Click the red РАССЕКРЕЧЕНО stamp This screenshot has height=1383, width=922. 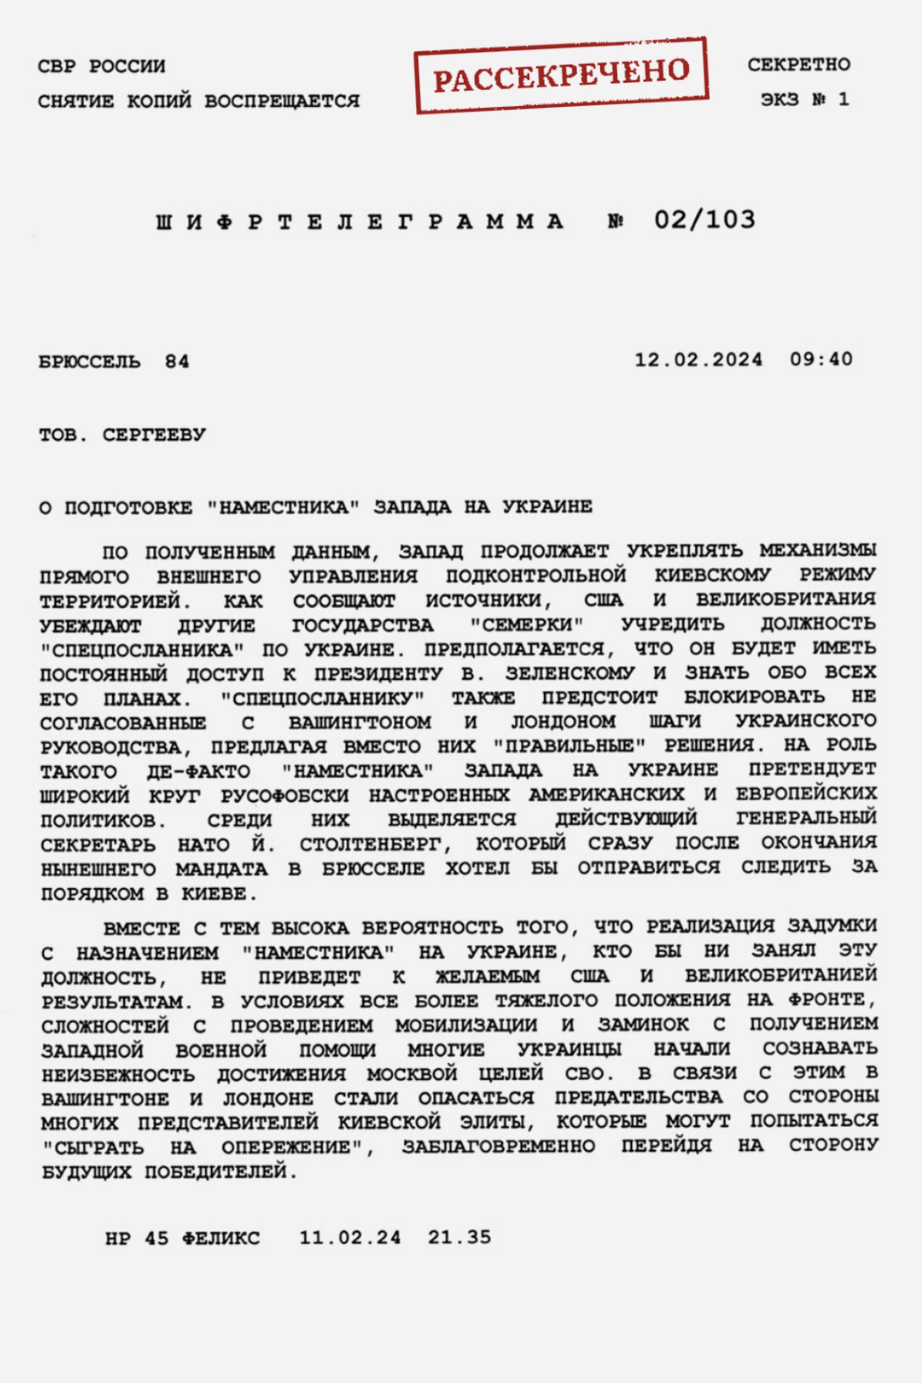pyautogui.click(x=562, y=75)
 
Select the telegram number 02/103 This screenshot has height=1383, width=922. pyautogui.click(x=705, y=220)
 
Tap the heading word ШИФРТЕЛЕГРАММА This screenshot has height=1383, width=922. pyautogui.click(x=360, y=222)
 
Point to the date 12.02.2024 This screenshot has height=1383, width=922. pyautogui.click(x=699, y=360)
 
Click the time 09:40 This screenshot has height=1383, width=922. pyautogui.click(x=821, y=360)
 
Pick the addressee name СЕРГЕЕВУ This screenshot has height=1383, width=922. pyautogui.click(x=155, y=435)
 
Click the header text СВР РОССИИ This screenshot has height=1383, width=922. pyautogui.click(x=102, y=66)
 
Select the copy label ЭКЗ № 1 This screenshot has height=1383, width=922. pyautogui.click(x=805, y=100)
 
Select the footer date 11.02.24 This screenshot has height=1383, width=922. pyautogui.click(x=350, y=1238)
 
